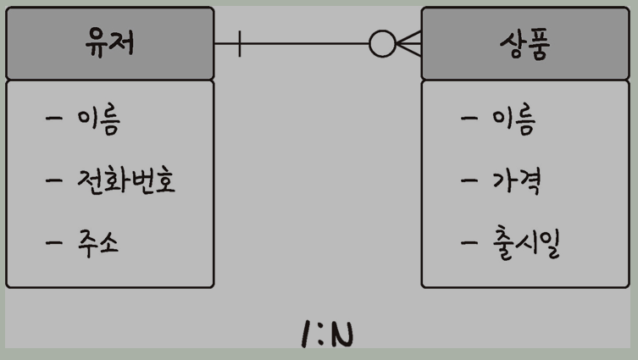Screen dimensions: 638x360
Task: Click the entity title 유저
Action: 110,43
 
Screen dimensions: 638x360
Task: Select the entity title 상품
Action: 525,44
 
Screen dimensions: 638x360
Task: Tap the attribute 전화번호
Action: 125,180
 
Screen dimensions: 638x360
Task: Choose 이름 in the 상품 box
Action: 513,120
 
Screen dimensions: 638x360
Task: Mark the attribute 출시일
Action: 525,244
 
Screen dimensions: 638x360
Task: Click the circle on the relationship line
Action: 382,44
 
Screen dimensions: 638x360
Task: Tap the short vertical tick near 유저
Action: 240,44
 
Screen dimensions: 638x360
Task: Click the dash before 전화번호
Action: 55,180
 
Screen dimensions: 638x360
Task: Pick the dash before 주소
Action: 55,243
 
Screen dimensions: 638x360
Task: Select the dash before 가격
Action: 470,180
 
